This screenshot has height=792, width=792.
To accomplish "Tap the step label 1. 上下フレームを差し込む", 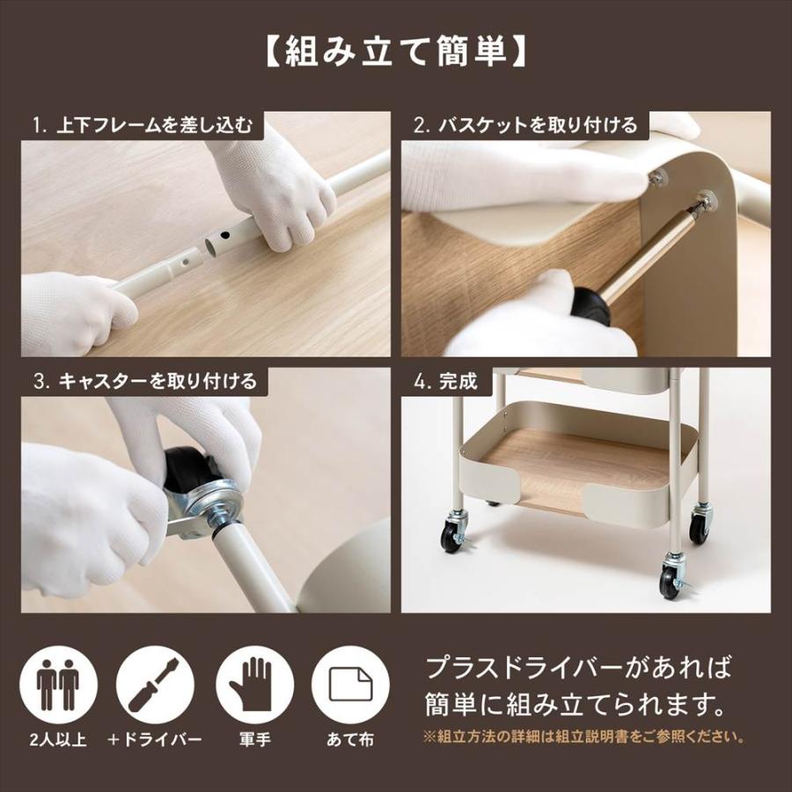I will pos(142,125).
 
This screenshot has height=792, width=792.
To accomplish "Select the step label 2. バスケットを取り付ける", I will pos(524,125).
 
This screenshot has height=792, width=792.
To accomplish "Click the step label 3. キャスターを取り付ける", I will pos(145,381).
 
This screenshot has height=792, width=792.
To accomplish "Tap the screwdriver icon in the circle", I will pos(156,686).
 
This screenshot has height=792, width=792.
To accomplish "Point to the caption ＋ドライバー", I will pos(156,739).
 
